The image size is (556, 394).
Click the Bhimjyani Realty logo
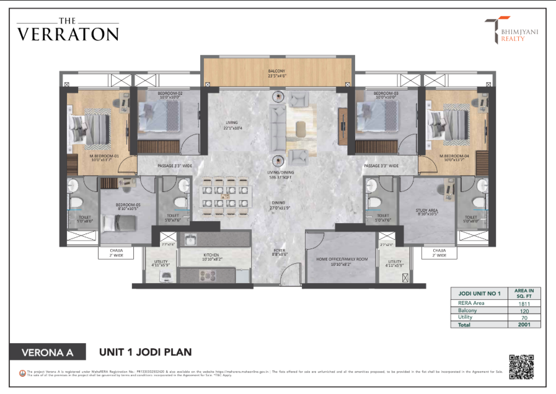(x=506, y=30)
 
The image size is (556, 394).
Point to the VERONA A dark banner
(x=47, y=353)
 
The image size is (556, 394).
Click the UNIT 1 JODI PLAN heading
(x=145, y=352)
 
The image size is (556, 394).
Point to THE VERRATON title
(x=67, y=31)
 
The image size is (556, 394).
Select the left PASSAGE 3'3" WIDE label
(x=164, y=166)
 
